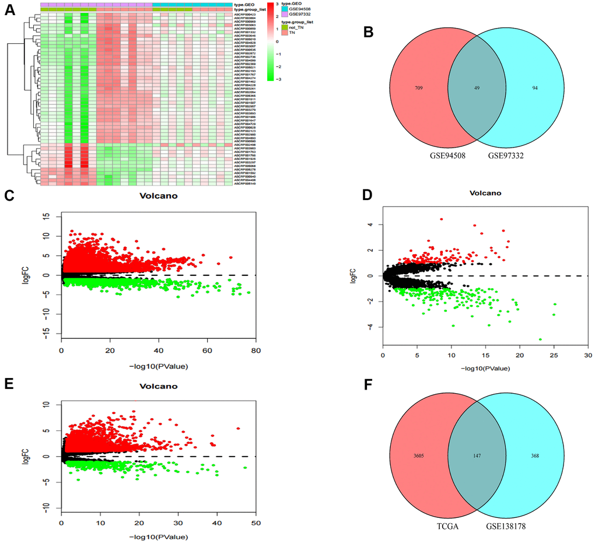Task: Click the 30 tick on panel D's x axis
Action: [587, 355]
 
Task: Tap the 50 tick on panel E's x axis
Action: [256, 525]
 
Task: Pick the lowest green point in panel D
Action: [540, 339]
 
